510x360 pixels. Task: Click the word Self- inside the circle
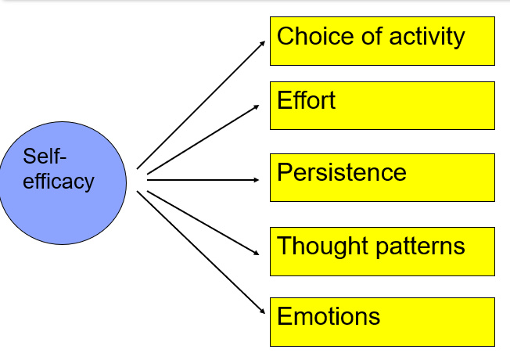pyautogui.click(x=40, y=157)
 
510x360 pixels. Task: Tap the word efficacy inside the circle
pyautogui.click(x=58, y=182)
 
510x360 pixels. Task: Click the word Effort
pyautogui.click(x=306, y=100)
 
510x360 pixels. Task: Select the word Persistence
pyautogui.click(x=342, y=172)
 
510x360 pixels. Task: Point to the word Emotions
pyautogui.click(x=329, y=317)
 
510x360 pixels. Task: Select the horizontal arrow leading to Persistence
pyautogui.click(x=203, y=180)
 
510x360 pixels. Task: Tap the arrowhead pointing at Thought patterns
pyautogui.click(x=256, y=253)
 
